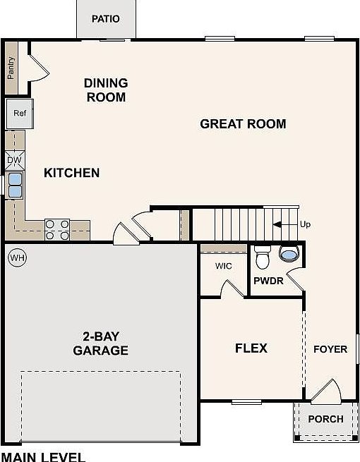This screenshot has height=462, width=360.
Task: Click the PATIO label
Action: [106, 18]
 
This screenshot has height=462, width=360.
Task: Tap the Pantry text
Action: [11, 68]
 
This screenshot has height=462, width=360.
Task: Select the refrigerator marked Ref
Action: [19, 113]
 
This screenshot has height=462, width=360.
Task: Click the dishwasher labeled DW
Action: [15, 160]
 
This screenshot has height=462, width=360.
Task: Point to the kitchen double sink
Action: [15, 186]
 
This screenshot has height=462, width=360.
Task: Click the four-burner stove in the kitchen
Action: [57, 226]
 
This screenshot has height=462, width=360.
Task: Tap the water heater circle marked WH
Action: [17, 258]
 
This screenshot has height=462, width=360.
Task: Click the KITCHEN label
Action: [71, 173]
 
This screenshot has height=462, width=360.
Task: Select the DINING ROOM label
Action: [105, 90]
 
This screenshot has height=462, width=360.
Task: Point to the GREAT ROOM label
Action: [243, 124]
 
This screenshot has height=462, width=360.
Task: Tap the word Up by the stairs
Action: [305, 225]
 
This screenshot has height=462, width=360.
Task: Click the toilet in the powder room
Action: [263, 258]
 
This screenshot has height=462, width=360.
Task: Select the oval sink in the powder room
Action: [289, 253]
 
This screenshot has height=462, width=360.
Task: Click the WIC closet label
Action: [224, 267]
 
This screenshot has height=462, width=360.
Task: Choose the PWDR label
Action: [268, 281]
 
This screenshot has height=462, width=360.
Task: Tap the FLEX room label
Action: [251, 348]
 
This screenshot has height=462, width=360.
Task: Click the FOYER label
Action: [330, 348]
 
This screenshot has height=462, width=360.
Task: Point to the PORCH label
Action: [325, 418]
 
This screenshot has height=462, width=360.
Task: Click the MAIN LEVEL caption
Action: [43, 456]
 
